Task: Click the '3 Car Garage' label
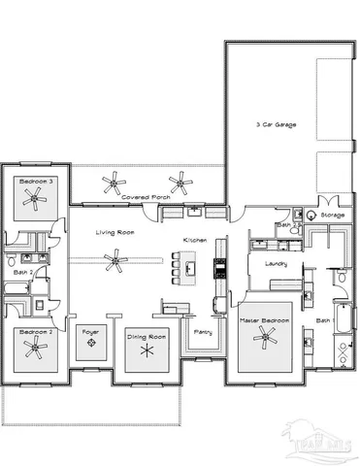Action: [x=277, y=125]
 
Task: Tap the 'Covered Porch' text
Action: [x=147, y=196]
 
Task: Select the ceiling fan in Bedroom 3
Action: [x=36, y=199]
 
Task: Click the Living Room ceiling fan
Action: [x=116, y=258]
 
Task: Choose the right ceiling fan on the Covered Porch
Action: [x=179, y=180]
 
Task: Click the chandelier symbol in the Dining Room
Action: [x=147, y=350]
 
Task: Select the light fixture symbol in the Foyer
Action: [x=91, y=352]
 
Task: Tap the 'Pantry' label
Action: [x=203, y=332]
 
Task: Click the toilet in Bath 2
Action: [x=9, y=261]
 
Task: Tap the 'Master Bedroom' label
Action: [x=263, y=319]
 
